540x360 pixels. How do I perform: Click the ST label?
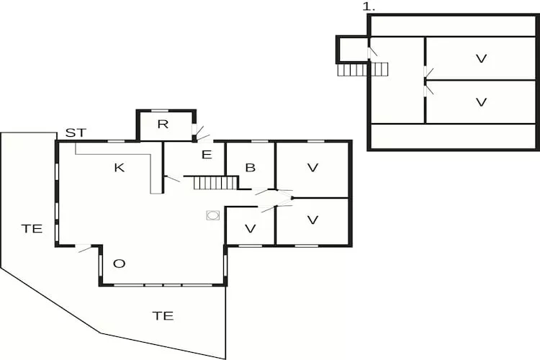point(76,132)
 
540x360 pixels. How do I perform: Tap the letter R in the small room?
point(163,124)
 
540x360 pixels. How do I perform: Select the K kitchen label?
point(119,168)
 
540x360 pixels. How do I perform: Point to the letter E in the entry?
point(207,155)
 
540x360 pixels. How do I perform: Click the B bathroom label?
point(251,168)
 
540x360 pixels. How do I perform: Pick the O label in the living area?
point(119,264)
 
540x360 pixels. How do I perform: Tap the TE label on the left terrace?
point(32,228)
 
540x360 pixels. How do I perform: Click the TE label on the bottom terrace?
point(163,315)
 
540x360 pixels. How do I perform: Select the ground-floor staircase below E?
point(215,183)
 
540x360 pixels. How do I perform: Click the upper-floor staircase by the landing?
point(363,69)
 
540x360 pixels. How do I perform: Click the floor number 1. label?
point(369,7)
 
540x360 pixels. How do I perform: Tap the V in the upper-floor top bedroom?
point(481,58)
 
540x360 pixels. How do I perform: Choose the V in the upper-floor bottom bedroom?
point(481,102)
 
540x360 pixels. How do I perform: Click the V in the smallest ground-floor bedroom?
point(251,228)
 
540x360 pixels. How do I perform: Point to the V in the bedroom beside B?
point(312,168)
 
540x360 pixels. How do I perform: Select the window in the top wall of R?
point(160,111)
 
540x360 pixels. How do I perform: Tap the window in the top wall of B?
point(260,141)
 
